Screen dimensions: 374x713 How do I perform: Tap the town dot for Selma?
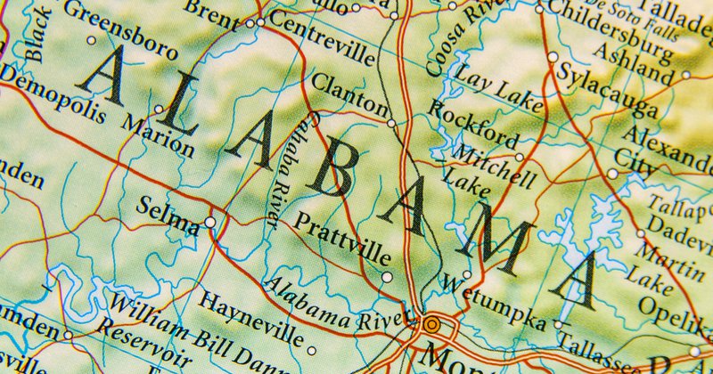pyautogui.click(x=210, y=222)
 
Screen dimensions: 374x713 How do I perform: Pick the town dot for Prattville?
pyautogui.click(x=386, y=276)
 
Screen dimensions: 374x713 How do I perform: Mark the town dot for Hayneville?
pyautogui.click(x=311, y=339)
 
